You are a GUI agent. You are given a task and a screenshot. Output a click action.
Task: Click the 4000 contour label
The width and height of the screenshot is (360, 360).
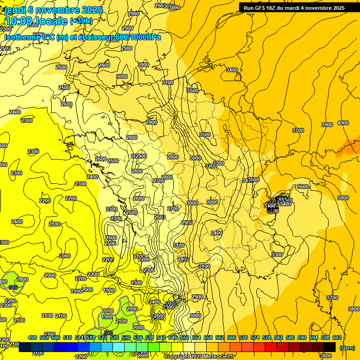[x=343, y=123]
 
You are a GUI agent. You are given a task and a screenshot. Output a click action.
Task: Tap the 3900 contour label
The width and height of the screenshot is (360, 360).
[x=327, y=125]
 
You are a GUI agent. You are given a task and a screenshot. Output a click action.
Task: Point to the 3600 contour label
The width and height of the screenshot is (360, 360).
[x=303, y=187]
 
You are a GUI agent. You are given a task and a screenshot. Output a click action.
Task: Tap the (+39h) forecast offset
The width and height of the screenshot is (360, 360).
[x=81, y=21]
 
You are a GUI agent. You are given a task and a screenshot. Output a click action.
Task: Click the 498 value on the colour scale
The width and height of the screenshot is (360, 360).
[x=32, y=337]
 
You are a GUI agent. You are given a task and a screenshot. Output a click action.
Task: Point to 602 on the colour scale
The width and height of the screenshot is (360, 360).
[x=337, y=337]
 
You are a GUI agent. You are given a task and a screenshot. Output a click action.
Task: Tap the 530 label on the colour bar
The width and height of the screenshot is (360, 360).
[x=126, y=337]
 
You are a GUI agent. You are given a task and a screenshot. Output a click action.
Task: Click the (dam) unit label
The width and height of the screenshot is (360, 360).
[x=347, y=348]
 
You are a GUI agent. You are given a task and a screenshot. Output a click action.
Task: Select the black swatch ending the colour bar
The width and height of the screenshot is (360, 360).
[x=330, y=347]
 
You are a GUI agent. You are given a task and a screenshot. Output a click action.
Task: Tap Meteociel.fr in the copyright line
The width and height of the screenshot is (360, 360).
[x=221, y=357]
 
